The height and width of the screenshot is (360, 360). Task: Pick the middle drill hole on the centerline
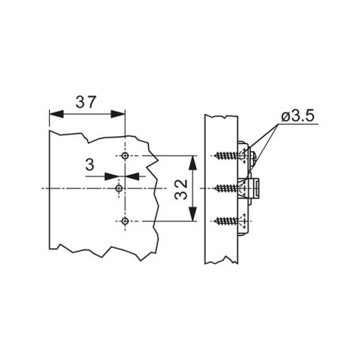(119, 188)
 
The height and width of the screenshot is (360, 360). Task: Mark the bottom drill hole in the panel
(124, 221)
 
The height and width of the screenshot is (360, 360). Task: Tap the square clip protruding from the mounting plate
(258, 188)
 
